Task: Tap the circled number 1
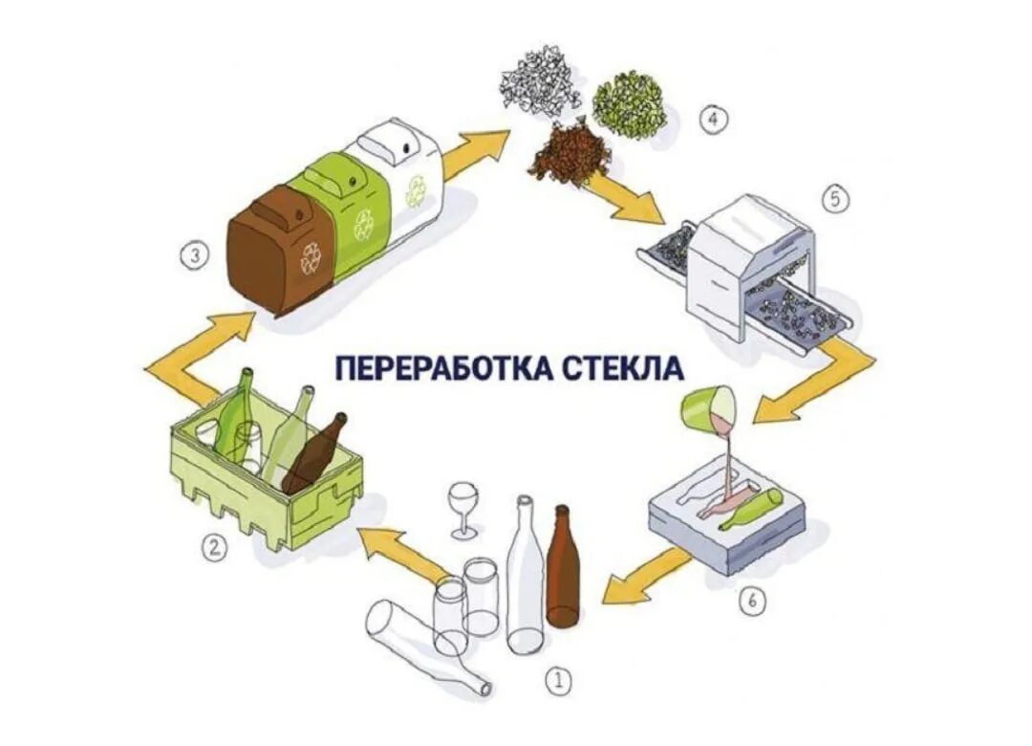(x=558, y=680)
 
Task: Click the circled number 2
(x=215, y=548)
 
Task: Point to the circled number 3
(x=194, y=255)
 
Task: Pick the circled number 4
(x=714, y=119)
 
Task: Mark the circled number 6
(x=753, y=600)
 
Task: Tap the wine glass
(x=463, y=507)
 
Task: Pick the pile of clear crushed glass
(x=542, y=79)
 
